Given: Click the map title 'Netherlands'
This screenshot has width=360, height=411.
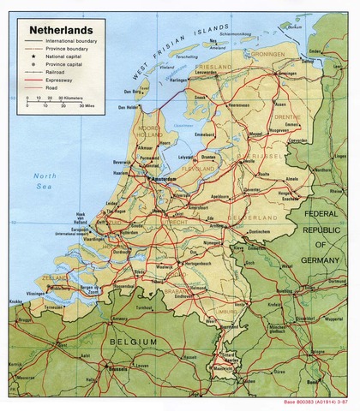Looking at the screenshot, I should coord(61,27).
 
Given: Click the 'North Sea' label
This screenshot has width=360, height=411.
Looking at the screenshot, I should coord(44,181).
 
